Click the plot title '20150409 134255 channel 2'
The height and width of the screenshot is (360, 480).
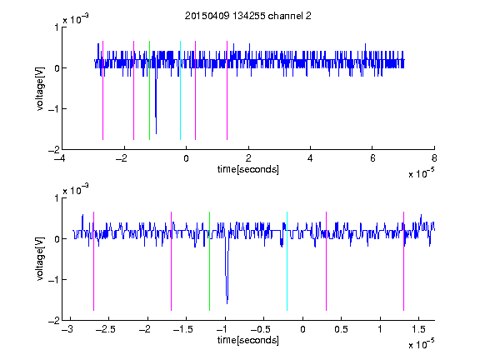click(x=248, y=16)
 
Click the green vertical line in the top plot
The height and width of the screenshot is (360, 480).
click(x=149, y=90)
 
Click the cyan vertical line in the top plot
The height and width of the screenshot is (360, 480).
click(x=180, y=90)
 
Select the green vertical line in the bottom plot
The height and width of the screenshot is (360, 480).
click(x=209, y=261)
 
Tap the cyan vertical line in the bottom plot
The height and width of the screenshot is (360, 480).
click(x=287, y=261)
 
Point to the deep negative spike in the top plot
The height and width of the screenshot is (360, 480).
click(x=156, y=104)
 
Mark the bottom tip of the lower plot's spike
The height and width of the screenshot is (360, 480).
click(x=227, y=303)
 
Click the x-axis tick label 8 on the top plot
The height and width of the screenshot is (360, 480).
click(x=434, y=158)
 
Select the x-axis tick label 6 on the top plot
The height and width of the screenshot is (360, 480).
click(x=372, y=158)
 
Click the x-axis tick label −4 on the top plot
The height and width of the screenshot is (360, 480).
click(x=59, y=158)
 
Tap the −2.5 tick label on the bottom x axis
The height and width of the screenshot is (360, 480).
click(x=105, y=329)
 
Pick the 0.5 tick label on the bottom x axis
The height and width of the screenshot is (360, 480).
click(x=341, y=329)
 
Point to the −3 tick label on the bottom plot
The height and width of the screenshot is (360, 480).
click(x=67, y=329)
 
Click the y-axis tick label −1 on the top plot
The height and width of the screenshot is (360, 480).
click(x=53, y=109)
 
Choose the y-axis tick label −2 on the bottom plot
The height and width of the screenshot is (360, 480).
click(x=53, y=321)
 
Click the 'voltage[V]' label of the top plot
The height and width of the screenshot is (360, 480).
click(x=40, y=88)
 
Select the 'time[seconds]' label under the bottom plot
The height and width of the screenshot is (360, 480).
click(x=248, y=340)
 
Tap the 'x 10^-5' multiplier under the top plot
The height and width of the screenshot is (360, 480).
click(x=421, y=172)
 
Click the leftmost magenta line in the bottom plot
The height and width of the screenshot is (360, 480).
click(x=93, y=261)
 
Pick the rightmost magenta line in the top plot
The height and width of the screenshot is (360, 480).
click(x=227, y=90)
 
